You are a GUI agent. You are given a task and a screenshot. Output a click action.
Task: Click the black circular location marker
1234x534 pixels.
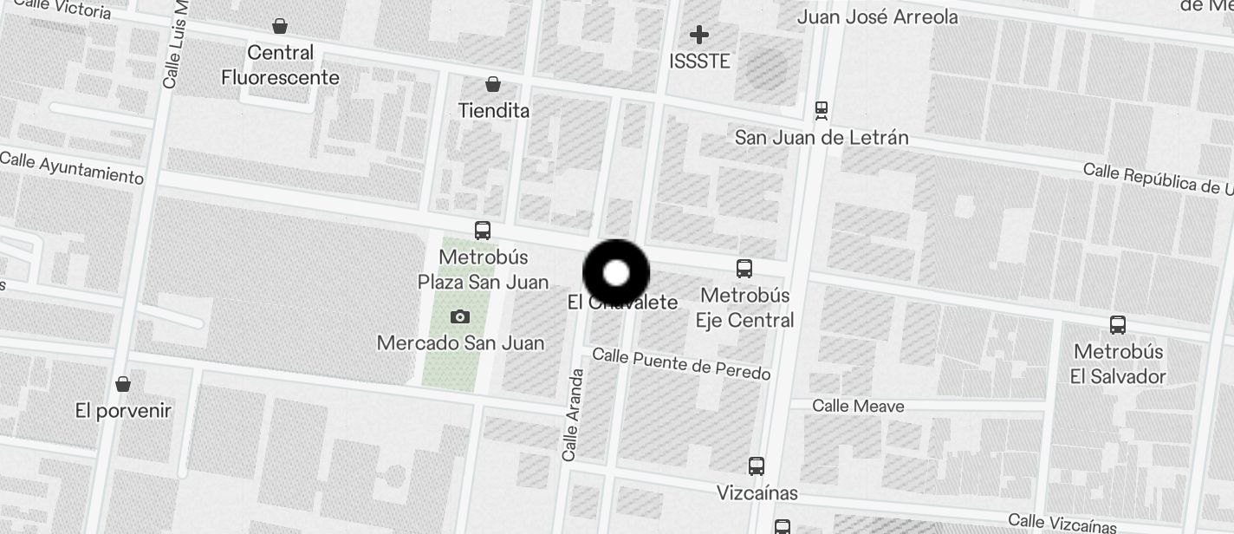616,273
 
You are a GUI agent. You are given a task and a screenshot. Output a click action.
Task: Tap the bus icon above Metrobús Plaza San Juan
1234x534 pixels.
483,231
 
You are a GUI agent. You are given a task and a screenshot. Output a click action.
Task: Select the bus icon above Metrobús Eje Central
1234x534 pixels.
744,268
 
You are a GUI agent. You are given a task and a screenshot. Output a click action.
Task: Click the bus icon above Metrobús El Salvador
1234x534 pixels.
1118,325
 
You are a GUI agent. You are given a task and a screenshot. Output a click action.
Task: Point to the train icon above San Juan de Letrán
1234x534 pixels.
821,111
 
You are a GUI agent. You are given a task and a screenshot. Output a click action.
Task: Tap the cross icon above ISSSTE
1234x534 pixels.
699,35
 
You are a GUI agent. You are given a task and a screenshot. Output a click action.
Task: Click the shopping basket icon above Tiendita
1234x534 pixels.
493,84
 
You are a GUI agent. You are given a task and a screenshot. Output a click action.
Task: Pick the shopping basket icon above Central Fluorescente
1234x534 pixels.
280,26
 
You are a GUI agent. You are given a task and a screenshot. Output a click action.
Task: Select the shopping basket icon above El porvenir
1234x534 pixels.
123,383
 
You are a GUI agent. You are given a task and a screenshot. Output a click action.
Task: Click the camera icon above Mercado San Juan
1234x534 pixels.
460,317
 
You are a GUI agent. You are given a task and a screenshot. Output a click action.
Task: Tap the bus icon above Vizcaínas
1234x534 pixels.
757,466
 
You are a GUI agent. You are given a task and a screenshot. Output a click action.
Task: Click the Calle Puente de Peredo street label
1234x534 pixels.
681,363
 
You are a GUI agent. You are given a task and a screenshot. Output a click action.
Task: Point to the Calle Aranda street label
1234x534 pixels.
572,414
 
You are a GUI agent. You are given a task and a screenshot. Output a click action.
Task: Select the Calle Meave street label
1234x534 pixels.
858,406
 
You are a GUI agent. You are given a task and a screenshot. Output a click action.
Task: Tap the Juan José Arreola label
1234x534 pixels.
877,17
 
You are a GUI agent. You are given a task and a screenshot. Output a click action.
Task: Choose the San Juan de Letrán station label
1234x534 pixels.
821,138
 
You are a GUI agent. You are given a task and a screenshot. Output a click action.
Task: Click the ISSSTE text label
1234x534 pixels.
700,62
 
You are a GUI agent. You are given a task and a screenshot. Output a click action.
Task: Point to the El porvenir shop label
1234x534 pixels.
123,411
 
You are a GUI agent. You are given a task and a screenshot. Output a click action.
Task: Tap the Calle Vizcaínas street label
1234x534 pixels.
1062,523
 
